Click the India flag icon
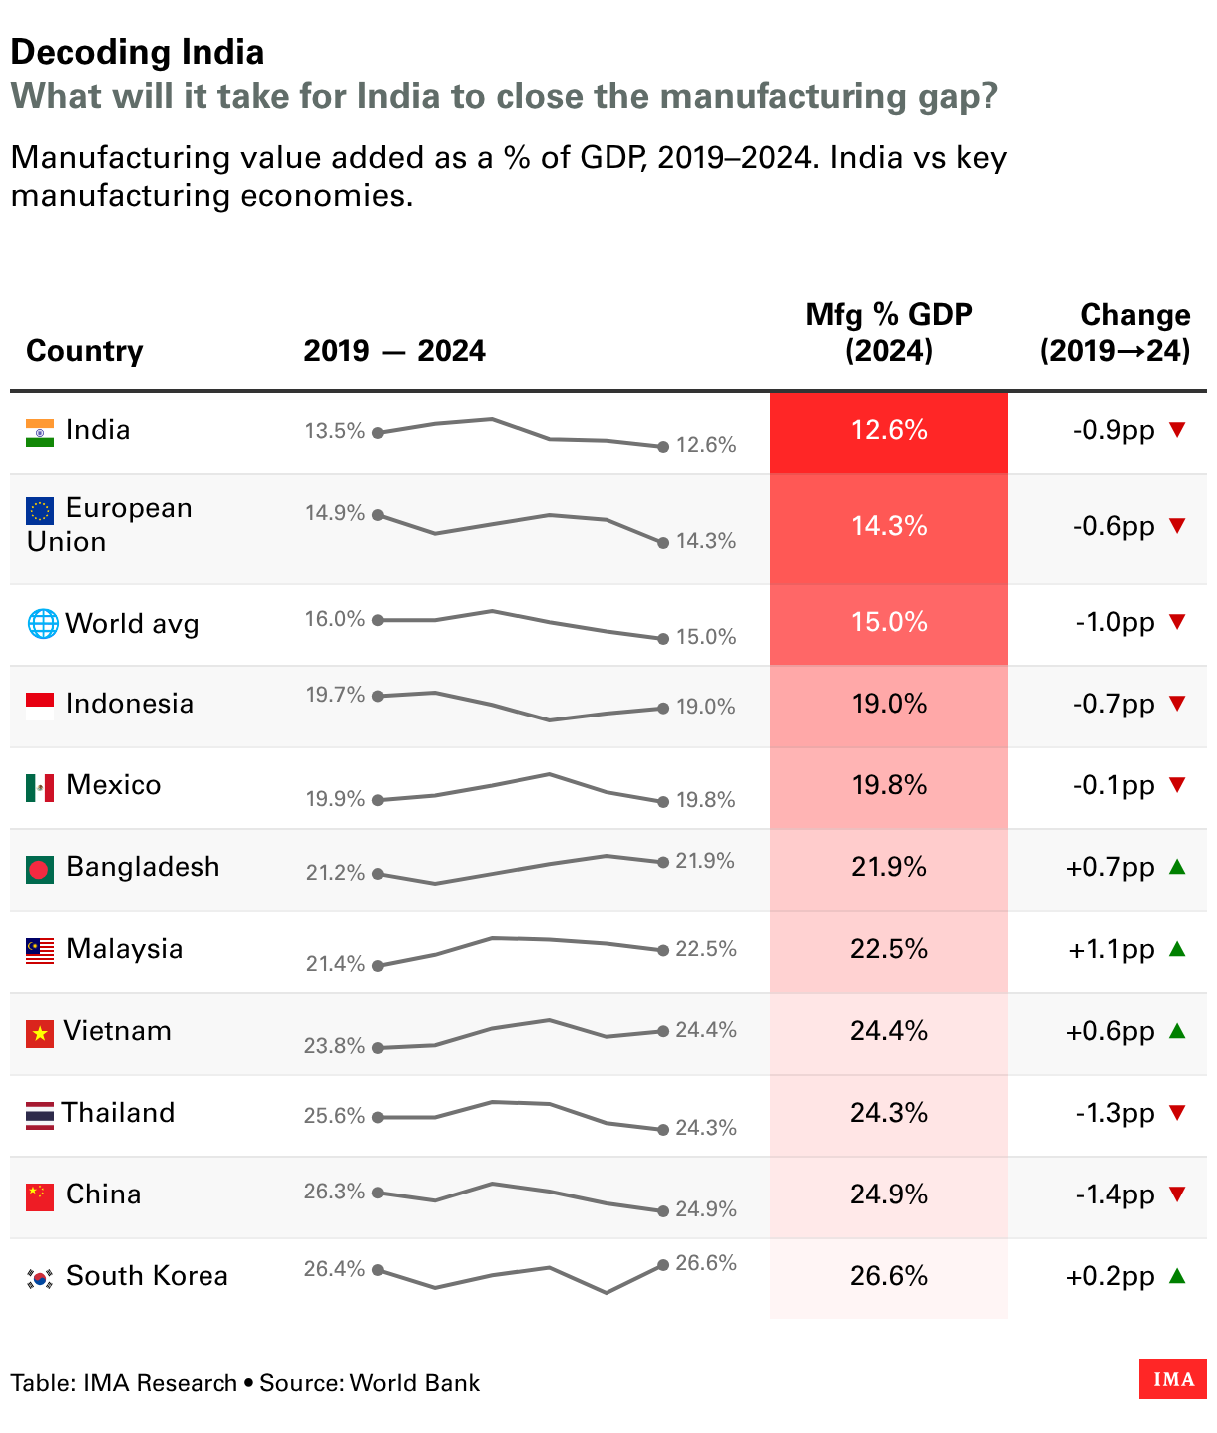pyautogui.click(x=40, y=433)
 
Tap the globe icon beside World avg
pyautogui.click(x=42, y=624)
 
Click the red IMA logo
pyautogui.click(x=1173, y=1379)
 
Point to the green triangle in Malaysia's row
pyautogui.click(x=1177, y=948)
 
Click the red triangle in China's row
pyautogui.click(x=1177, y=1194)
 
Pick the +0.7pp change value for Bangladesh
pyautogui.click(x=1109, y=867)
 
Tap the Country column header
pyautogui.click(x=85, y=351)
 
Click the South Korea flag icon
pyautogui.click(x=40, y=1278)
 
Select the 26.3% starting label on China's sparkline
pyautogui.click(x=334, y=1192)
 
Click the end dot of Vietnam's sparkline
pyautogui.click(x=663, y=1031)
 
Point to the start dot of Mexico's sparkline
pyautogui.click(x=378, y=800)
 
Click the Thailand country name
pyautogui.click(x=119, y=1112)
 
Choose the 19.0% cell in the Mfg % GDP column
pyautogui.click(x=889, y=704)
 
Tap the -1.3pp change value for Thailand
pyautogui.click(x=1115, y=1113)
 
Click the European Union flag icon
pyautogui.click(x=40, y=511)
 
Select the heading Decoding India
pyautogui.click(x=138, y=52)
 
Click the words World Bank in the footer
pyautogui.click(x=414, y=1382)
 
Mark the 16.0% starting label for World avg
pyautogui.click(x=335, y=618)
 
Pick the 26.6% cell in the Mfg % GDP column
pyautogui.click(x=889, y=1276)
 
